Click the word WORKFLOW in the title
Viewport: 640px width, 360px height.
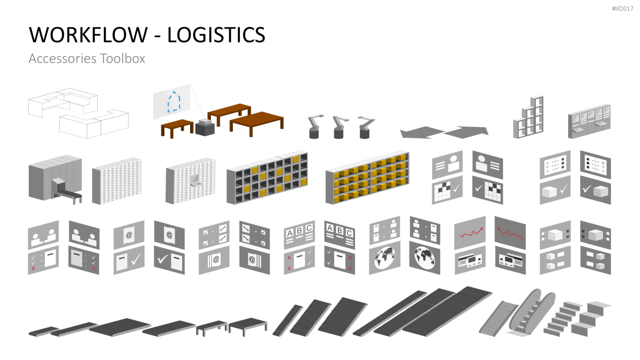tap(88, 35)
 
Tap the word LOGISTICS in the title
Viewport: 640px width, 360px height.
tap(216, 35)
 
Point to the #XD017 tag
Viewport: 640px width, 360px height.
tap(623, 9)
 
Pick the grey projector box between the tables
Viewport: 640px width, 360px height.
tap(205, 128)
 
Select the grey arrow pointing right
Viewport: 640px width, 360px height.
tap(466, 132)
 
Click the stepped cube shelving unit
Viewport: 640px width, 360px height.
tap(528, 117)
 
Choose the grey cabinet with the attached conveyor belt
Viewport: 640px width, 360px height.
tap(55, 180)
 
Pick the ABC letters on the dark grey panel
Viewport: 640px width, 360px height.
tap(340, 230)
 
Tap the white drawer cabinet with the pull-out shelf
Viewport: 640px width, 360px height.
tap(190, 180)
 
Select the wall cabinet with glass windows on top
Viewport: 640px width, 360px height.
tap(589, 121)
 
